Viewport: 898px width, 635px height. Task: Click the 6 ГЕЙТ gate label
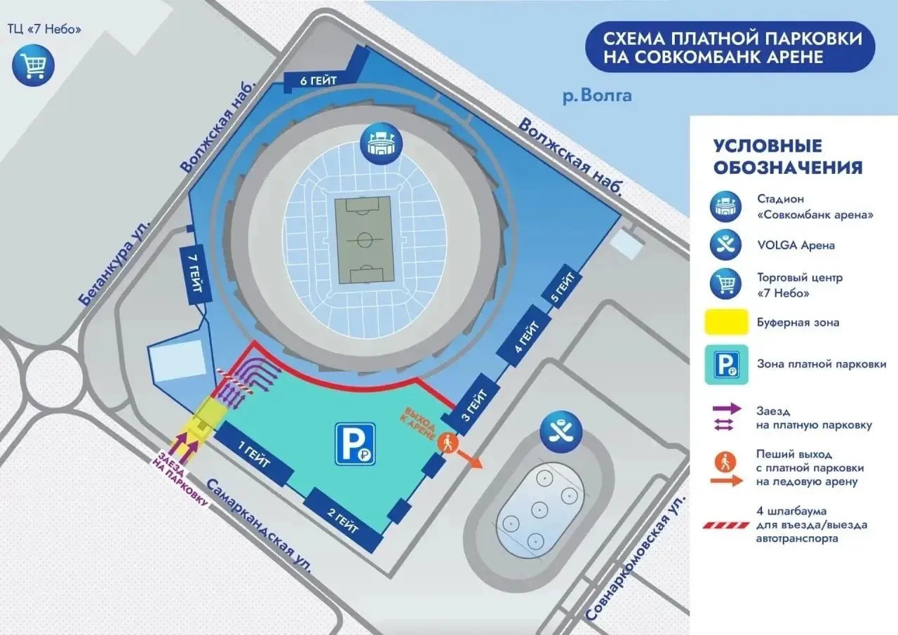coord(319,81)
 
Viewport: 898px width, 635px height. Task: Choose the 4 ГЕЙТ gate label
coord(525,336)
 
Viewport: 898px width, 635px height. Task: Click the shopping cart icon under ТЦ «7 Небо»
coord(33,65)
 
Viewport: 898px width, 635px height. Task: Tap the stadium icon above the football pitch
coord(381,144)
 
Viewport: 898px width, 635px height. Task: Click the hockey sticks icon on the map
coord(561,432)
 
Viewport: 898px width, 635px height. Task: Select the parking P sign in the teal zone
coord(355,443)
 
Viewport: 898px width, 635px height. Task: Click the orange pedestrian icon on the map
coord(448,443)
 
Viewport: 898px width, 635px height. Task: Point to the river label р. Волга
coord(597,96)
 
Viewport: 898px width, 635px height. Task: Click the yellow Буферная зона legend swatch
coord(726,321)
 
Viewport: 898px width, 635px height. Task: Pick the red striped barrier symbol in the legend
coord(726,526)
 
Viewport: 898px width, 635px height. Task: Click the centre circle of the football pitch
coord(364,240)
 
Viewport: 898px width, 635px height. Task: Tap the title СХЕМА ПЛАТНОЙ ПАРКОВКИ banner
coord(730,47)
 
